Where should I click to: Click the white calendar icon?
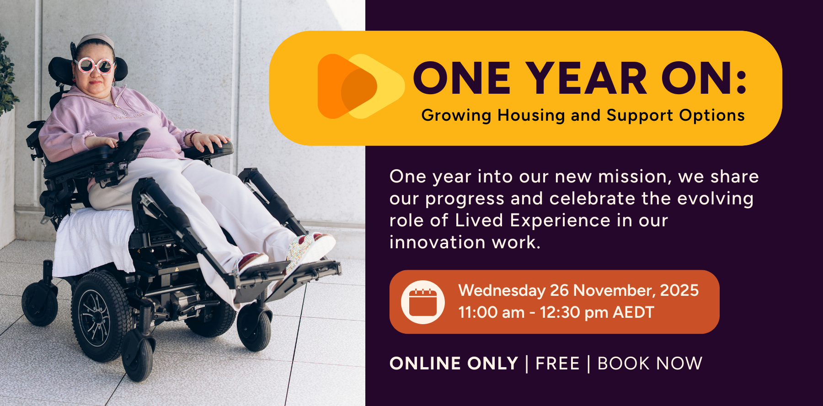coord(422,302)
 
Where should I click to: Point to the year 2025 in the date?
coord(679,290)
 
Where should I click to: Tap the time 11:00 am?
coord(492,312)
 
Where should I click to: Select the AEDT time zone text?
coord(633,312)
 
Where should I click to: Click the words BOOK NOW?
coord(650,363)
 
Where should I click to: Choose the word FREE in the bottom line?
coord(557,363)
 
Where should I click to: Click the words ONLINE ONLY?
coord(454,363)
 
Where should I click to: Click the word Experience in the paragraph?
coord(560,221)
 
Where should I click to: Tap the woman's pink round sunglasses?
coord(95,66)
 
